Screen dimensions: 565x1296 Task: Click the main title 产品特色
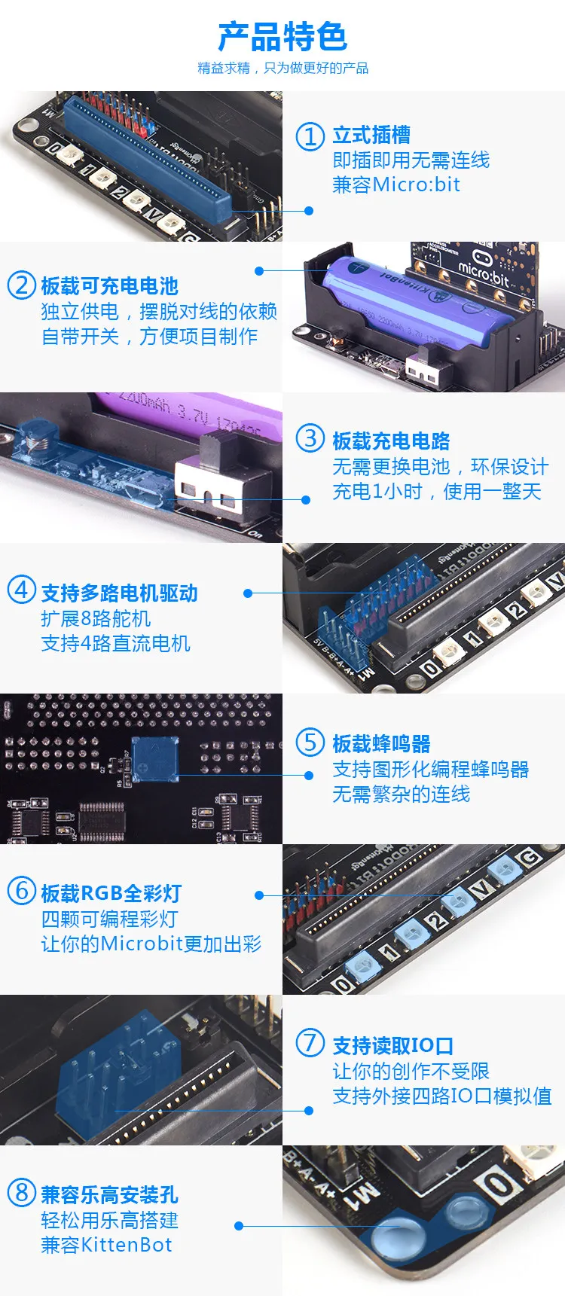(x=282, y=36)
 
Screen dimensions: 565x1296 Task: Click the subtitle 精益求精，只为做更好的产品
(x=282, y=69)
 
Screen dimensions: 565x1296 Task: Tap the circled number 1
(x=310, y=136)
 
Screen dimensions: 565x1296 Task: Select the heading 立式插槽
(x=371, y=135)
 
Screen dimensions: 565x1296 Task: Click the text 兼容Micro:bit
(x=396, y=184)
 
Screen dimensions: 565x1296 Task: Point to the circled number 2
(x=21, y=285)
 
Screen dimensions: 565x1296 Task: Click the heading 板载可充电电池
(x=109, y=286)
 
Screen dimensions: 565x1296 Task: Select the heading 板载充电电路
(x=391, y=441)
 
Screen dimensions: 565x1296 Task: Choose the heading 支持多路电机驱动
(x=119, y=593)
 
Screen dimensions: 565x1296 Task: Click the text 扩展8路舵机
(x=96, y=618)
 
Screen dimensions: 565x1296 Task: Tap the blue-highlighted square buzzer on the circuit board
(x=155, y=760)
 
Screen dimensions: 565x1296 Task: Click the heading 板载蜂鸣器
(x=381, y=743)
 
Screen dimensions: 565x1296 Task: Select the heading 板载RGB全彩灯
(x=111, y=893)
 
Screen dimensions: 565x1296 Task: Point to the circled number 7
(x=310, y=1043)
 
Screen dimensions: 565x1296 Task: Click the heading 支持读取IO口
(x=392, y=1045)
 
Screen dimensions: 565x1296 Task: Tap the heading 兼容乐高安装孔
(x=109, y=1194)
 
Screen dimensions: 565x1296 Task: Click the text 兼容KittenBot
(x=106, y=1245)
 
